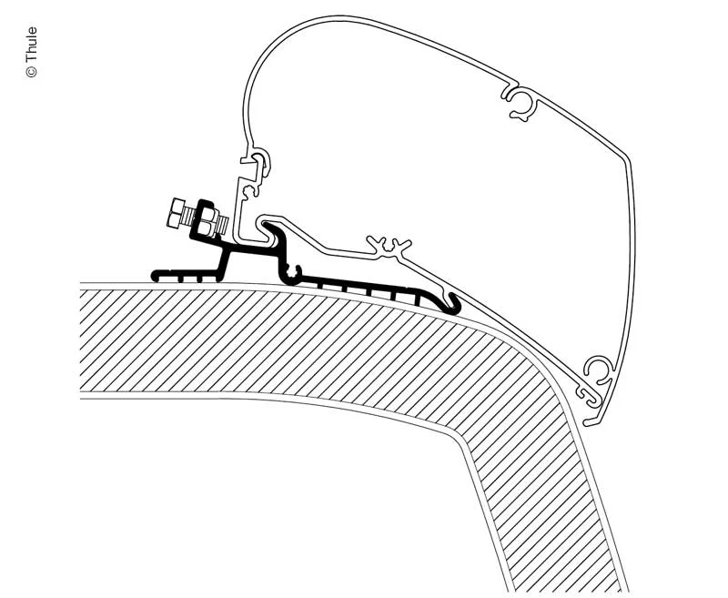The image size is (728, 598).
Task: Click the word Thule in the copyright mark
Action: [x=31, y=45]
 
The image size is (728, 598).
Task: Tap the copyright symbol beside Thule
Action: [x=32, y=72]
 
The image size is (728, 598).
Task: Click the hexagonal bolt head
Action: [x=175, y=213]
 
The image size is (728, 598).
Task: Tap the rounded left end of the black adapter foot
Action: [x=155, y=275]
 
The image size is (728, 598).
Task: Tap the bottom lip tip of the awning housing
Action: [x=588, y=422]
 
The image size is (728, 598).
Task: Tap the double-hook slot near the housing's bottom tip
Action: [x=587, y=395]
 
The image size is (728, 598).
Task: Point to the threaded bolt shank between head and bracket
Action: [x=191, y=215]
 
